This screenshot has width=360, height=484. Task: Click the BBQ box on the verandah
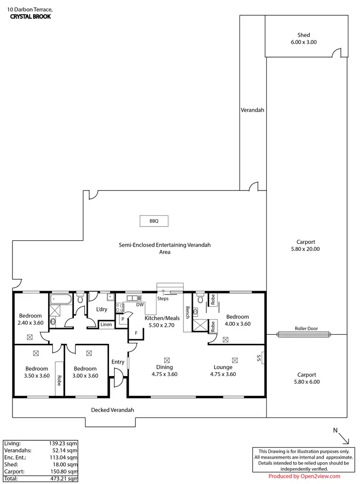click(154, 221)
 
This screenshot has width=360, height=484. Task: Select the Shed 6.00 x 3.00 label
click(303, 38)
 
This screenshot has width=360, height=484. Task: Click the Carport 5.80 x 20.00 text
click(306, 246)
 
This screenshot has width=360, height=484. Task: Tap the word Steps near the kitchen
click(163, 298)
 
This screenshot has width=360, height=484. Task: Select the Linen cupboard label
click(106, 325)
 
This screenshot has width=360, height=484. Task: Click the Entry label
click(118, 362)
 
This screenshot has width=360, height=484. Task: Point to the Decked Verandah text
click(112, 410)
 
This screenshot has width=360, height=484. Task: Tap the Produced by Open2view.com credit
click(304, 476)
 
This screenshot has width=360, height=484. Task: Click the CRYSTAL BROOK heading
click(30, 16)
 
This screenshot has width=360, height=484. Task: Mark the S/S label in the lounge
click(259, 358)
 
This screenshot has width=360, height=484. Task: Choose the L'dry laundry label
click(101, 309)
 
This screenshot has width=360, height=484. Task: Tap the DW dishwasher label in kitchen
click(140, 305)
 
